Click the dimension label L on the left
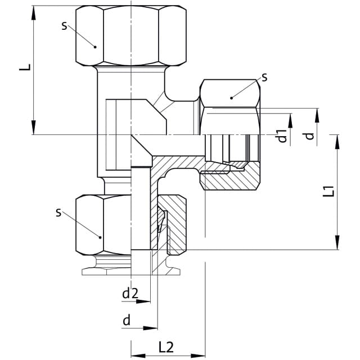tap(25, 67)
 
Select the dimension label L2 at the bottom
tap(166, 347)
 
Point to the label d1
tap(282, 136)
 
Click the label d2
tap(130, 293)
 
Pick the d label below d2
tap(127, 320)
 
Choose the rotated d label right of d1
tap(309, 136)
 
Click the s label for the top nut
tap(64, 26)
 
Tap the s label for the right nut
tap(265, 78)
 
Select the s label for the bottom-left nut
tap(58, 213)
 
